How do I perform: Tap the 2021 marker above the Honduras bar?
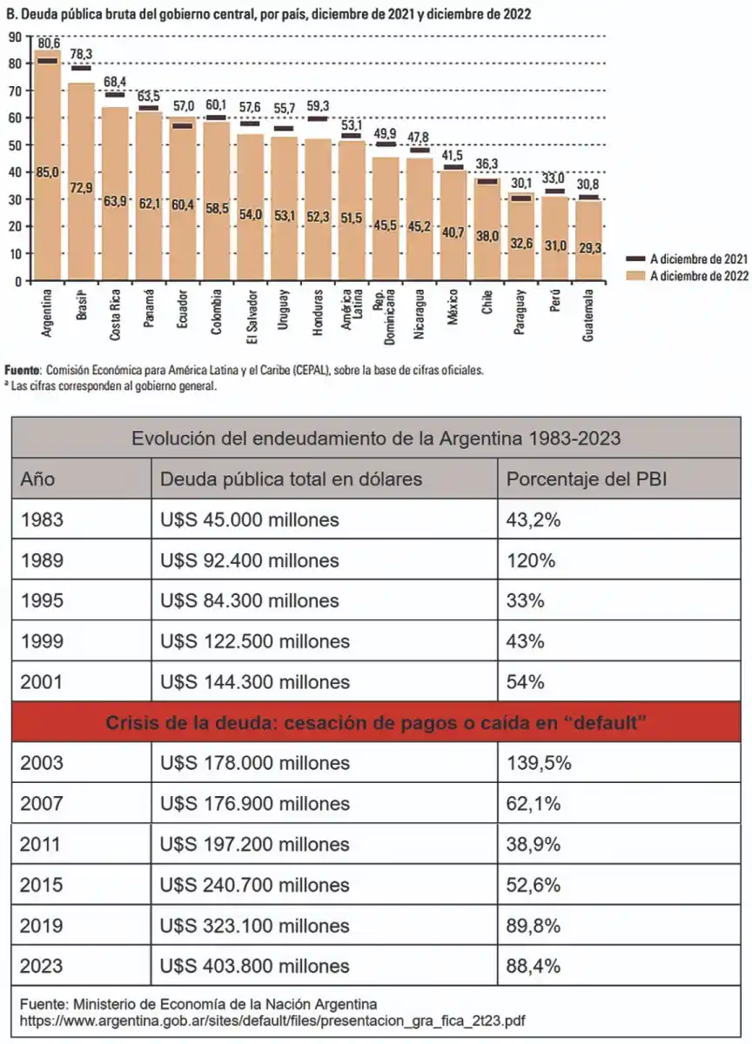[x=318, y=118]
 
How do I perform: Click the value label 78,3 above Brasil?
[x=81, y=54]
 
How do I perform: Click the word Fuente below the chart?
[x=22, y=370]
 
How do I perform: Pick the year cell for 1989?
[x=42, y=560]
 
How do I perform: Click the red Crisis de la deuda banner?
[x=375, y=723]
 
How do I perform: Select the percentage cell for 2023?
[x=533, y=966]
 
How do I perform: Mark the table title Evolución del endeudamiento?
[x=375, y=438]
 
